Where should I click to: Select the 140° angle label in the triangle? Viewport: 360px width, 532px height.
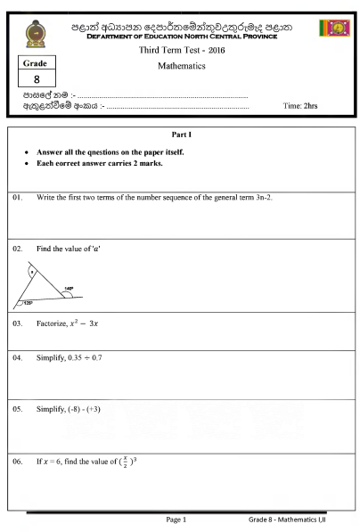68,289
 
